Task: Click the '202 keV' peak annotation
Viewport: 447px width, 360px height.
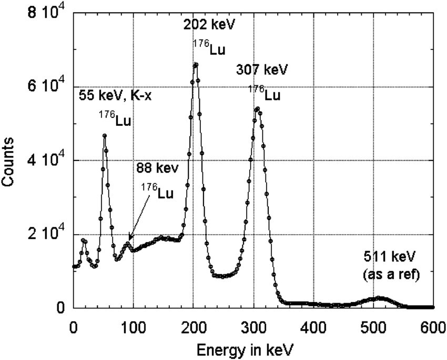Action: (x=209, y=24)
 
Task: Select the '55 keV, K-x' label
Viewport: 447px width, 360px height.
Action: (x=115, y=95)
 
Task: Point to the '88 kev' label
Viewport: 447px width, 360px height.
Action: (x=158, y=168)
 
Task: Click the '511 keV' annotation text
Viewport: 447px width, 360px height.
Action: (x=390, y=257)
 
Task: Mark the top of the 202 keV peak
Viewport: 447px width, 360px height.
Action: (x=196, y=65)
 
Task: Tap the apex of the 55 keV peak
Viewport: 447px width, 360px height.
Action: (x=105, y=136)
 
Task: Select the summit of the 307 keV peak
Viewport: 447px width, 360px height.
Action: (x=257, y=109)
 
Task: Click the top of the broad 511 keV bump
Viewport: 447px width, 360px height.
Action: (x=380, y=298)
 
